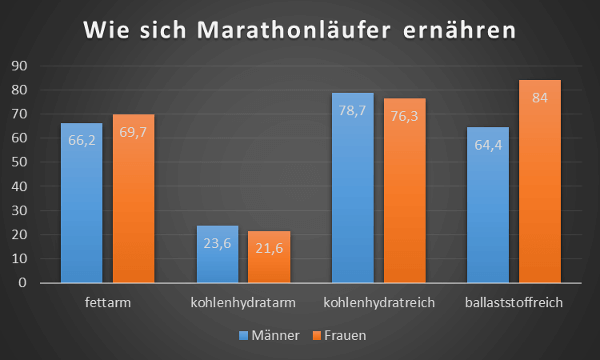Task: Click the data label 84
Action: tap(540, 98)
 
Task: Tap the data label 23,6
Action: tap(217, 243)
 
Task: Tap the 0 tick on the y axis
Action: tap(21, 283)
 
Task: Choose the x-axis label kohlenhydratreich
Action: tap(379, 301)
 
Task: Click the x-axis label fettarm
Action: tap(108, 301)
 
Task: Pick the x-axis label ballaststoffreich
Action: tap(514, 301)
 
